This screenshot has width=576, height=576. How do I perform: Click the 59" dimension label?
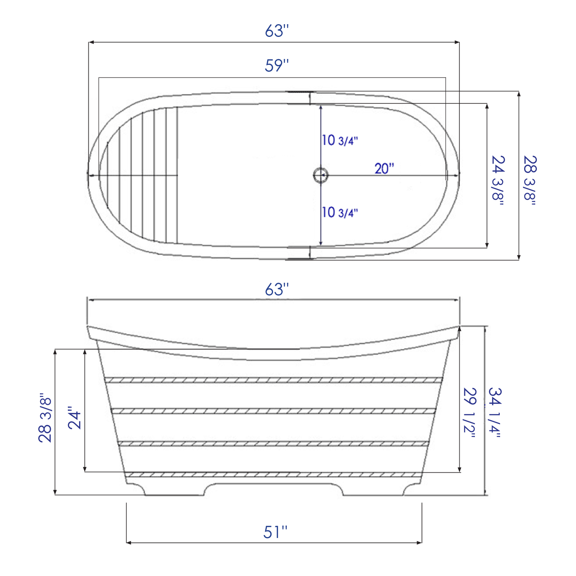(x=276, y=66)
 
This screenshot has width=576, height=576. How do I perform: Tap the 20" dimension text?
(x=384, y=169)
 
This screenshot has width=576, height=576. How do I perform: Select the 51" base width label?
(x=275, y=532)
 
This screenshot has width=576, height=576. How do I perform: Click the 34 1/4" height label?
(x=495, y=412)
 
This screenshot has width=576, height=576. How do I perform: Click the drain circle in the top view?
(x=320, y=175)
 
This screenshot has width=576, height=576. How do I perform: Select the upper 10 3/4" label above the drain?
(x=339, y=141)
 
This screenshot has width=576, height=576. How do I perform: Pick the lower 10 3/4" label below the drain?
(x=339, y=212)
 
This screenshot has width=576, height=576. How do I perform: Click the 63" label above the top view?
(x=276, y=31)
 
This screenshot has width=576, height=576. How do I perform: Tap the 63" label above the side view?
(x=276, y=290)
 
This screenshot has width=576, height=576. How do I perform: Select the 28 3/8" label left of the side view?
(x=45, y=418)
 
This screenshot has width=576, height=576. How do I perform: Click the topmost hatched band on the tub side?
(x=273, y=380)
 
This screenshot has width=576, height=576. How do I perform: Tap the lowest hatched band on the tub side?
(x=273, y=475)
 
